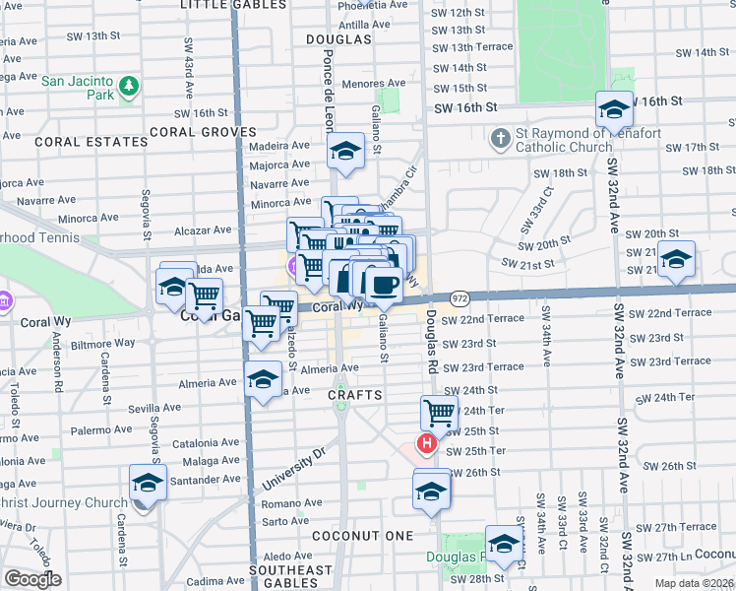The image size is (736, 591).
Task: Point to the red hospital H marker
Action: (427, 444)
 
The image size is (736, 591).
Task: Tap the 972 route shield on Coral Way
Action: (460, 297)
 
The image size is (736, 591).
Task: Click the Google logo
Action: (33, 579)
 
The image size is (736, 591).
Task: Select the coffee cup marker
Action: (383, 285)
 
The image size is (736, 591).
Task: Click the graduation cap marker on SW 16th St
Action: (614, 109)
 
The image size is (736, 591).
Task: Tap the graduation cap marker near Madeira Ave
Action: (345, 152)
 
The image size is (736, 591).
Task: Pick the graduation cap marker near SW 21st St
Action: (676, 260)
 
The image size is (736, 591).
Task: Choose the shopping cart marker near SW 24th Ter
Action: (439, 413)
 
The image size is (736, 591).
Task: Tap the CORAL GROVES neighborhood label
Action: (203, 131)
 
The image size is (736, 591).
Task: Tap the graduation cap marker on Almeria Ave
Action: (263, 379)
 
